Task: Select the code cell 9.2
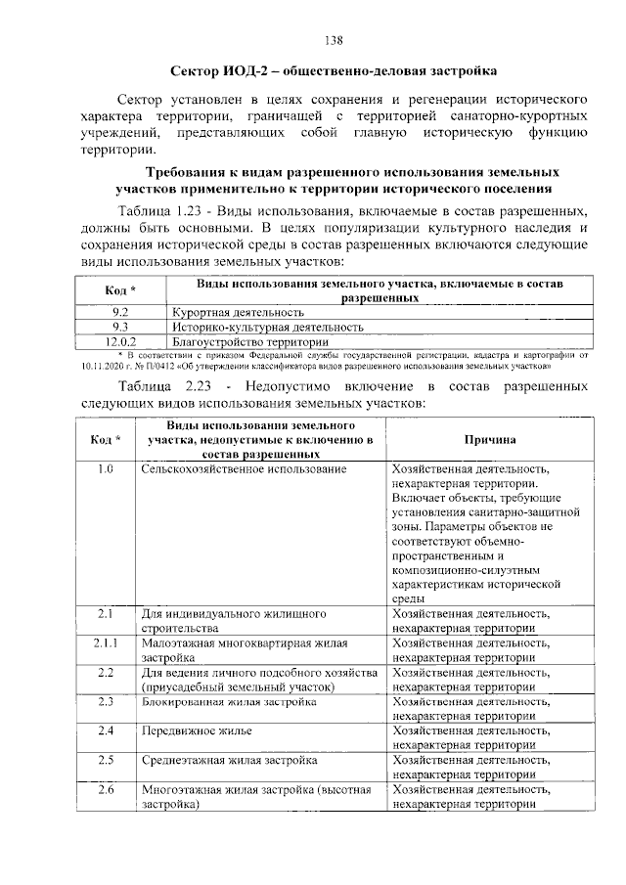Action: coord(120,311)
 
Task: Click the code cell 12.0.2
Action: coord(120,342)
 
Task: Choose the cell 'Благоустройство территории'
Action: coord(250,342)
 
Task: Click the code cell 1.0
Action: coord(107,470)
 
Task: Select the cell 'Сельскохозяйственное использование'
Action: coord(244,470)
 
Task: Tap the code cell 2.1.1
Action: coord(107,643)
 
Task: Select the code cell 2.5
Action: coord(107,760)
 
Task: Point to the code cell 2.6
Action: coord(107,789)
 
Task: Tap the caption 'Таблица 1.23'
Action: coord(161,212)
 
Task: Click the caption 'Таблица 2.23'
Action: coord(161,386)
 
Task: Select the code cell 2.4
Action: coord(107,730)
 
